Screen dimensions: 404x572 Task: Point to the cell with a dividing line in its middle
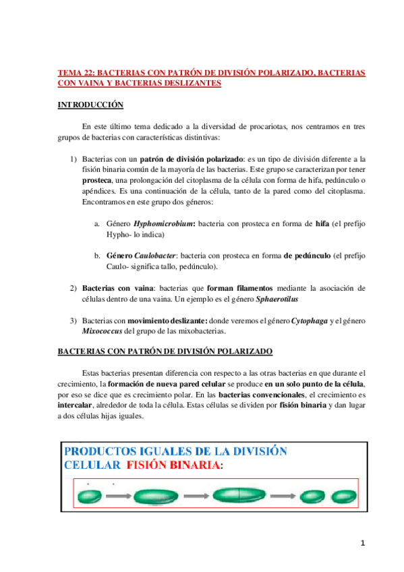point(240,494)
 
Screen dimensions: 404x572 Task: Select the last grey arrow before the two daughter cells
point(283,496)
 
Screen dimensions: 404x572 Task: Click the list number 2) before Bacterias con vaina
point(74,288)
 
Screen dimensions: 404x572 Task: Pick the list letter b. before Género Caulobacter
point(98,256)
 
